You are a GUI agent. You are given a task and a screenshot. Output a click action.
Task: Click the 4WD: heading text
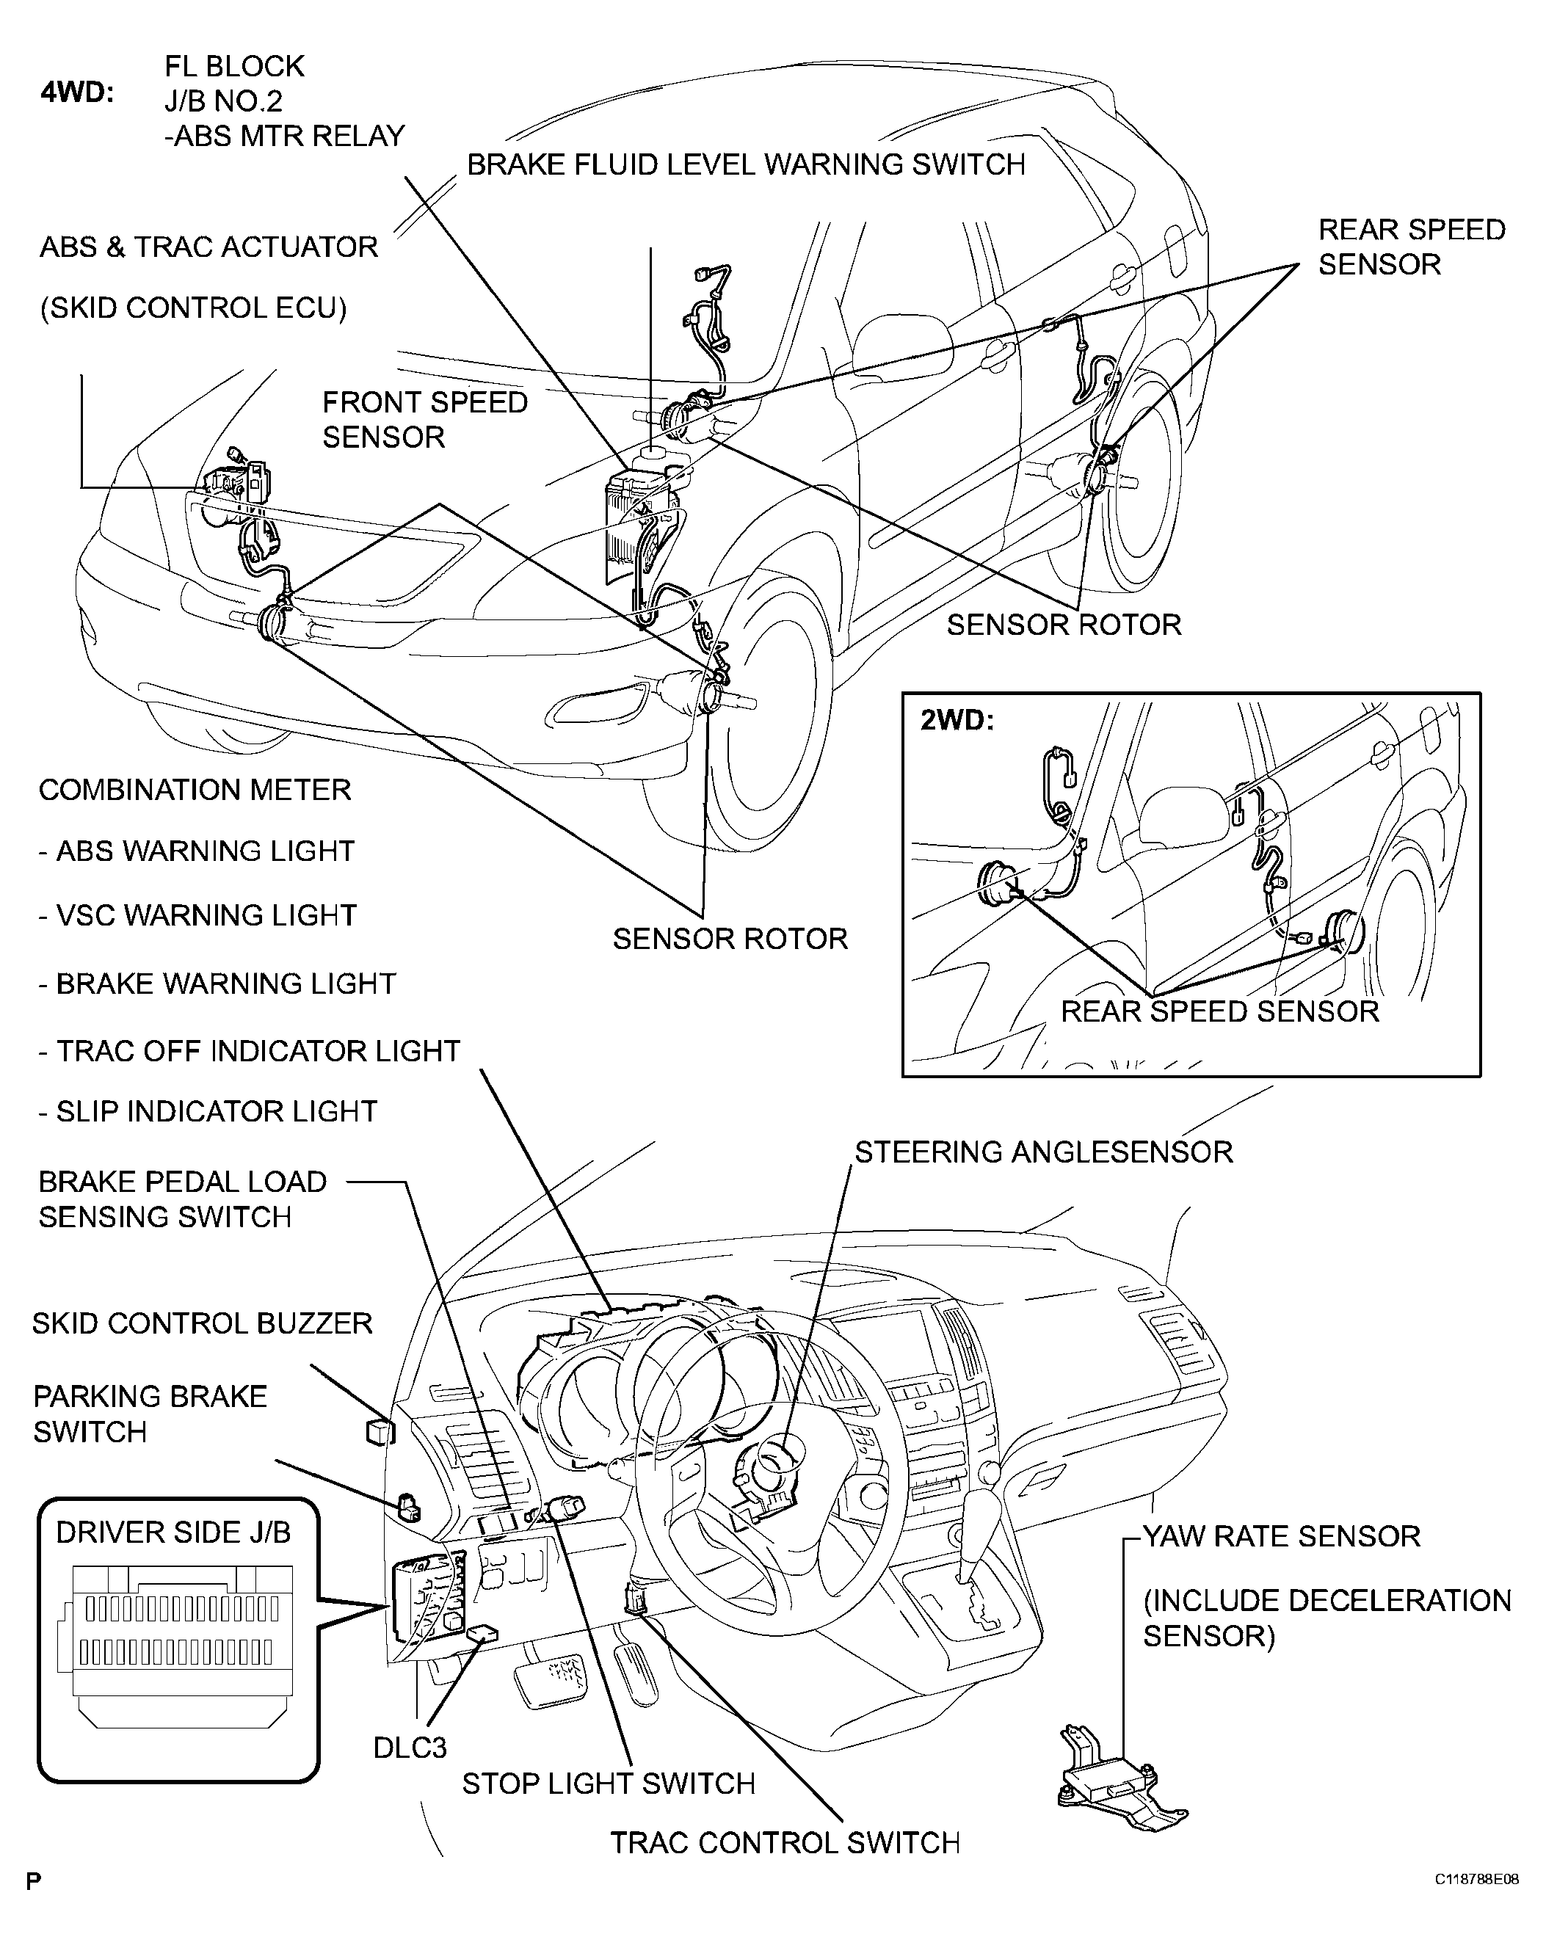[x=77, y=93]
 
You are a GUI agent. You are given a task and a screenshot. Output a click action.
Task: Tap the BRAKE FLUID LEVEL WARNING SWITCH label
[x=746, y=164]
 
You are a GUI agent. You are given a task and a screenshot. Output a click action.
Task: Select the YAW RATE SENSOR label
[x=1282, y=1535]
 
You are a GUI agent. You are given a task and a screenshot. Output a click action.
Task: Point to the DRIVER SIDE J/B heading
[x=173, y=1532]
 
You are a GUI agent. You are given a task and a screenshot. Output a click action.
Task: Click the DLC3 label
[x=410, y=1748]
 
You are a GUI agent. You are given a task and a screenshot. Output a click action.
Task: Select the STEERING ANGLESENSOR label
[x=1043, y=1152]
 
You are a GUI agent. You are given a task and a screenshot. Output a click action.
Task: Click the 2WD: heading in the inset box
[x=957, y=721]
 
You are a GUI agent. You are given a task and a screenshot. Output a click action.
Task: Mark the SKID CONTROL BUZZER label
[x=202, y=1323]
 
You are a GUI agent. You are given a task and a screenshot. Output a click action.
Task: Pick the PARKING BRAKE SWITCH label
[x=150, y=1414]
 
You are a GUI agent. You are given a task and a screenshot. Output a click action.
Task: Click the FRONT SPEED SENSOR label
[x=424, y=420]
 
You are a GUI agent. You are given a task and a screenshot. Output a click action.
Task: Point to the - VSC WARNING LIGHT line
[x=197, y=916]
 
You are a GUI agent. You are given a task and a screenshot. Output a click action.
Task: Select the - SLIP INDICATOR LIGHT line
[x=208, y=1111]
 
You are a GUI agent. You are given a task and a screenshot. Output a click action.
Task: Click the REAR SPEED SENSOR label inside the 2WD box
[x=1219, y=1011]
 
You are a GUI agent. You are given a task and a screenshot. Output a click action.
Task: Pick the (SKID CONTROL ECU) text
[x=193, y=308]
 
